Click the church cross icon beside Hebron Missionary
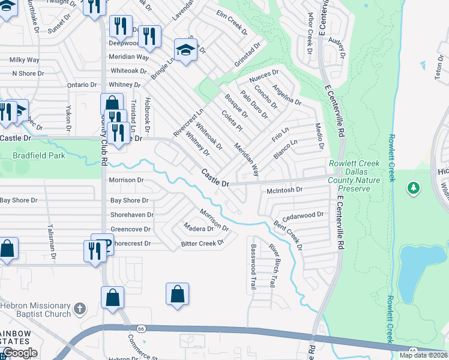point(80,310)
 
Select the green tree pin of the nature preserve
point(413,188)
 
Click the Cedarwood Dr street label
point(303,214)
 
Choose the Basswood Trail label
point(253,266)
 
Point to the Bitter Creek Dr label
point(202,243)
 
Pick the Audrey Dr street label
point(338,48)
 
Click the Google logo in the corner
point(20,353)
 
